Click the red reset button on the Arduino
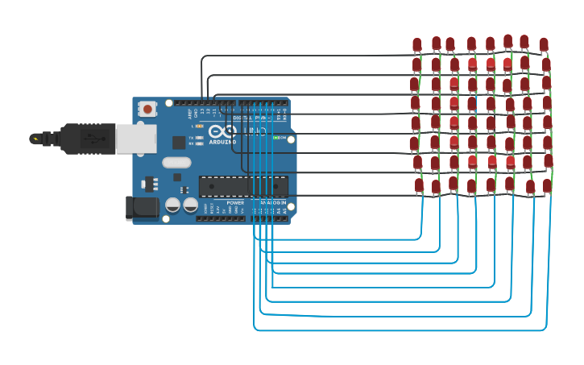click(x=147, y=109)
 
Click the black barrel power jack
click(x=143, y=208)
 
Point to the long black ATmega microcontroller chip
click(x=242, y=186)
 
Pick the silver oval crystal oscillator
click(x=176, y=163)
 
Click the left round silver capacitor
click(x=172, y=205)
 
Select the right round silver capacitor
click(x=190, y=205)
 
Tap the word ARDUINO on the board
click(x=222, y=142)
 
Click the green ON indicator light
click(x=276, y=138)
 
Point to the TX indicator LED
click(x=199, y=138)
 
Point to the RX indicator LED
click(x=199, y=143)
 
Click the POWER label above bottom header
click(x=234, y=203)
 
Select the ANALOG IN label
click(x=271, y=203)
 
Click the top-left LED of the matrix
click(x=416, y=44)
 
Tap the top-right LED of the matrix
click(x=544, y=44)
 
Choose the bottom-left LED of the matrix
click(x=419, y=185)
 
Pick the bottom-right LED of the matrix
click(x=547, y=185)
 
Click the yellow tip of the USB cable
click(x=34, y=139)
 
